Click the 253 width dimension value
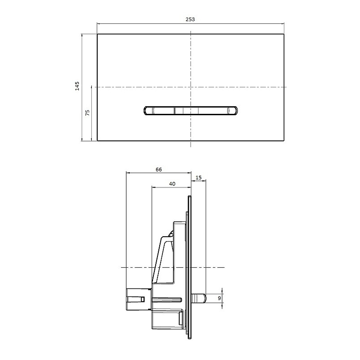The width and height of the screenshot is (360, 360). pos(190,19)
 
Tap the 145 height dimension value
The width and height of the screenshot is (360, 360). pos(77,86)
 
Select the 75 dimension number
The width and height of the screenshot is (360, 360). pos(87,112)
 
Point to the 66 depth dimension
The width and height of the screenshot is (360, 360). pos(159,170)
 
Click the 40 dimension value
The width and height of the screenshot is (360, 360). pos(172,184)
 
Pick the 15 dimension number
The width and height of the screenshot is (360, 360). pos(198,177)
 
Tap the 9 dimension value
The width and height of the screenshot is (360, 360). pos(220,298)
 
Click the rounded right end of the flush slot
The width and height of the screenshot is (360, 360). pos(235,110)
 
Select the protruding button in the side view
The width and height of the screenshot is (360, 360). pos(198,298)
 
